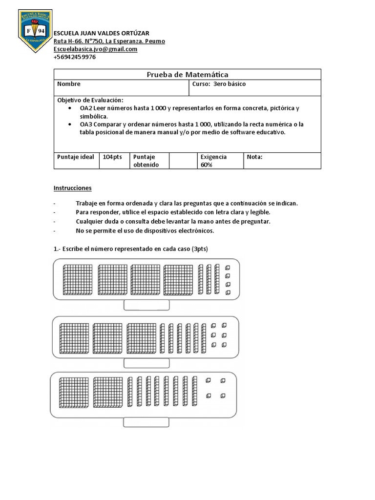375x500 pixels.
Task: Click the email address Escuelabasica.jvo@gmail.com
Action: point(95,49)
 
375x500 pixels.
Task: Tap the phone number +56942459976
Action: point(75,57)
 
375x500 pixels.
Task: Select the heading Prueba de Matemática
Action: point(187,75)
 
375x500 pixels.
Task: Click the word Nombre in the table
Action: point(69,84)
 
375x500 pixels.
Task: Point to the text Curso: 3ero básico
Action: point(219,84)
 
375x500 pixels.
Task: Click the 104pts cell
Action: point(113,157)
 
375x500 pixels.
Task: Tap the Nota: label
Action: point(255,157)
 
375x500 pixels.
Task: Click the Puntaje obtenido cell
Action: point(144,161)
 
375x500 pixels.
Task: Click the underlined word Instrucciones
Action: point(72,188)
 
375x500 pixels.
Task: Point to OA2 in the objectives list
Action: point(86,108)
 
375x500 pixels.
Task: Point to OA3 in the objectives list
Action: point(86,125)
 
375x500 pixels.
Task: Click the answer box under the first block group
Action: point(146,305)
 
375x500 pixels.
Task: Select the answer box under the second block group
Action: point(146,363)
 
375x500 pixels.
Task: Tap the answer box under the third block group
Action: point(146,422)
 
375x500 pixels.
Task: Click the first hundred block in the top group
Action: point(78,280)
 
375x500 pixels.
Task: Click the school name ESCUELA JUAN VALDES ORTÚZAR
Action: point(102,33)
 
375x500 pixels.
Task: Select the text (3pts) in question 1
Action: point(199,249)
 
